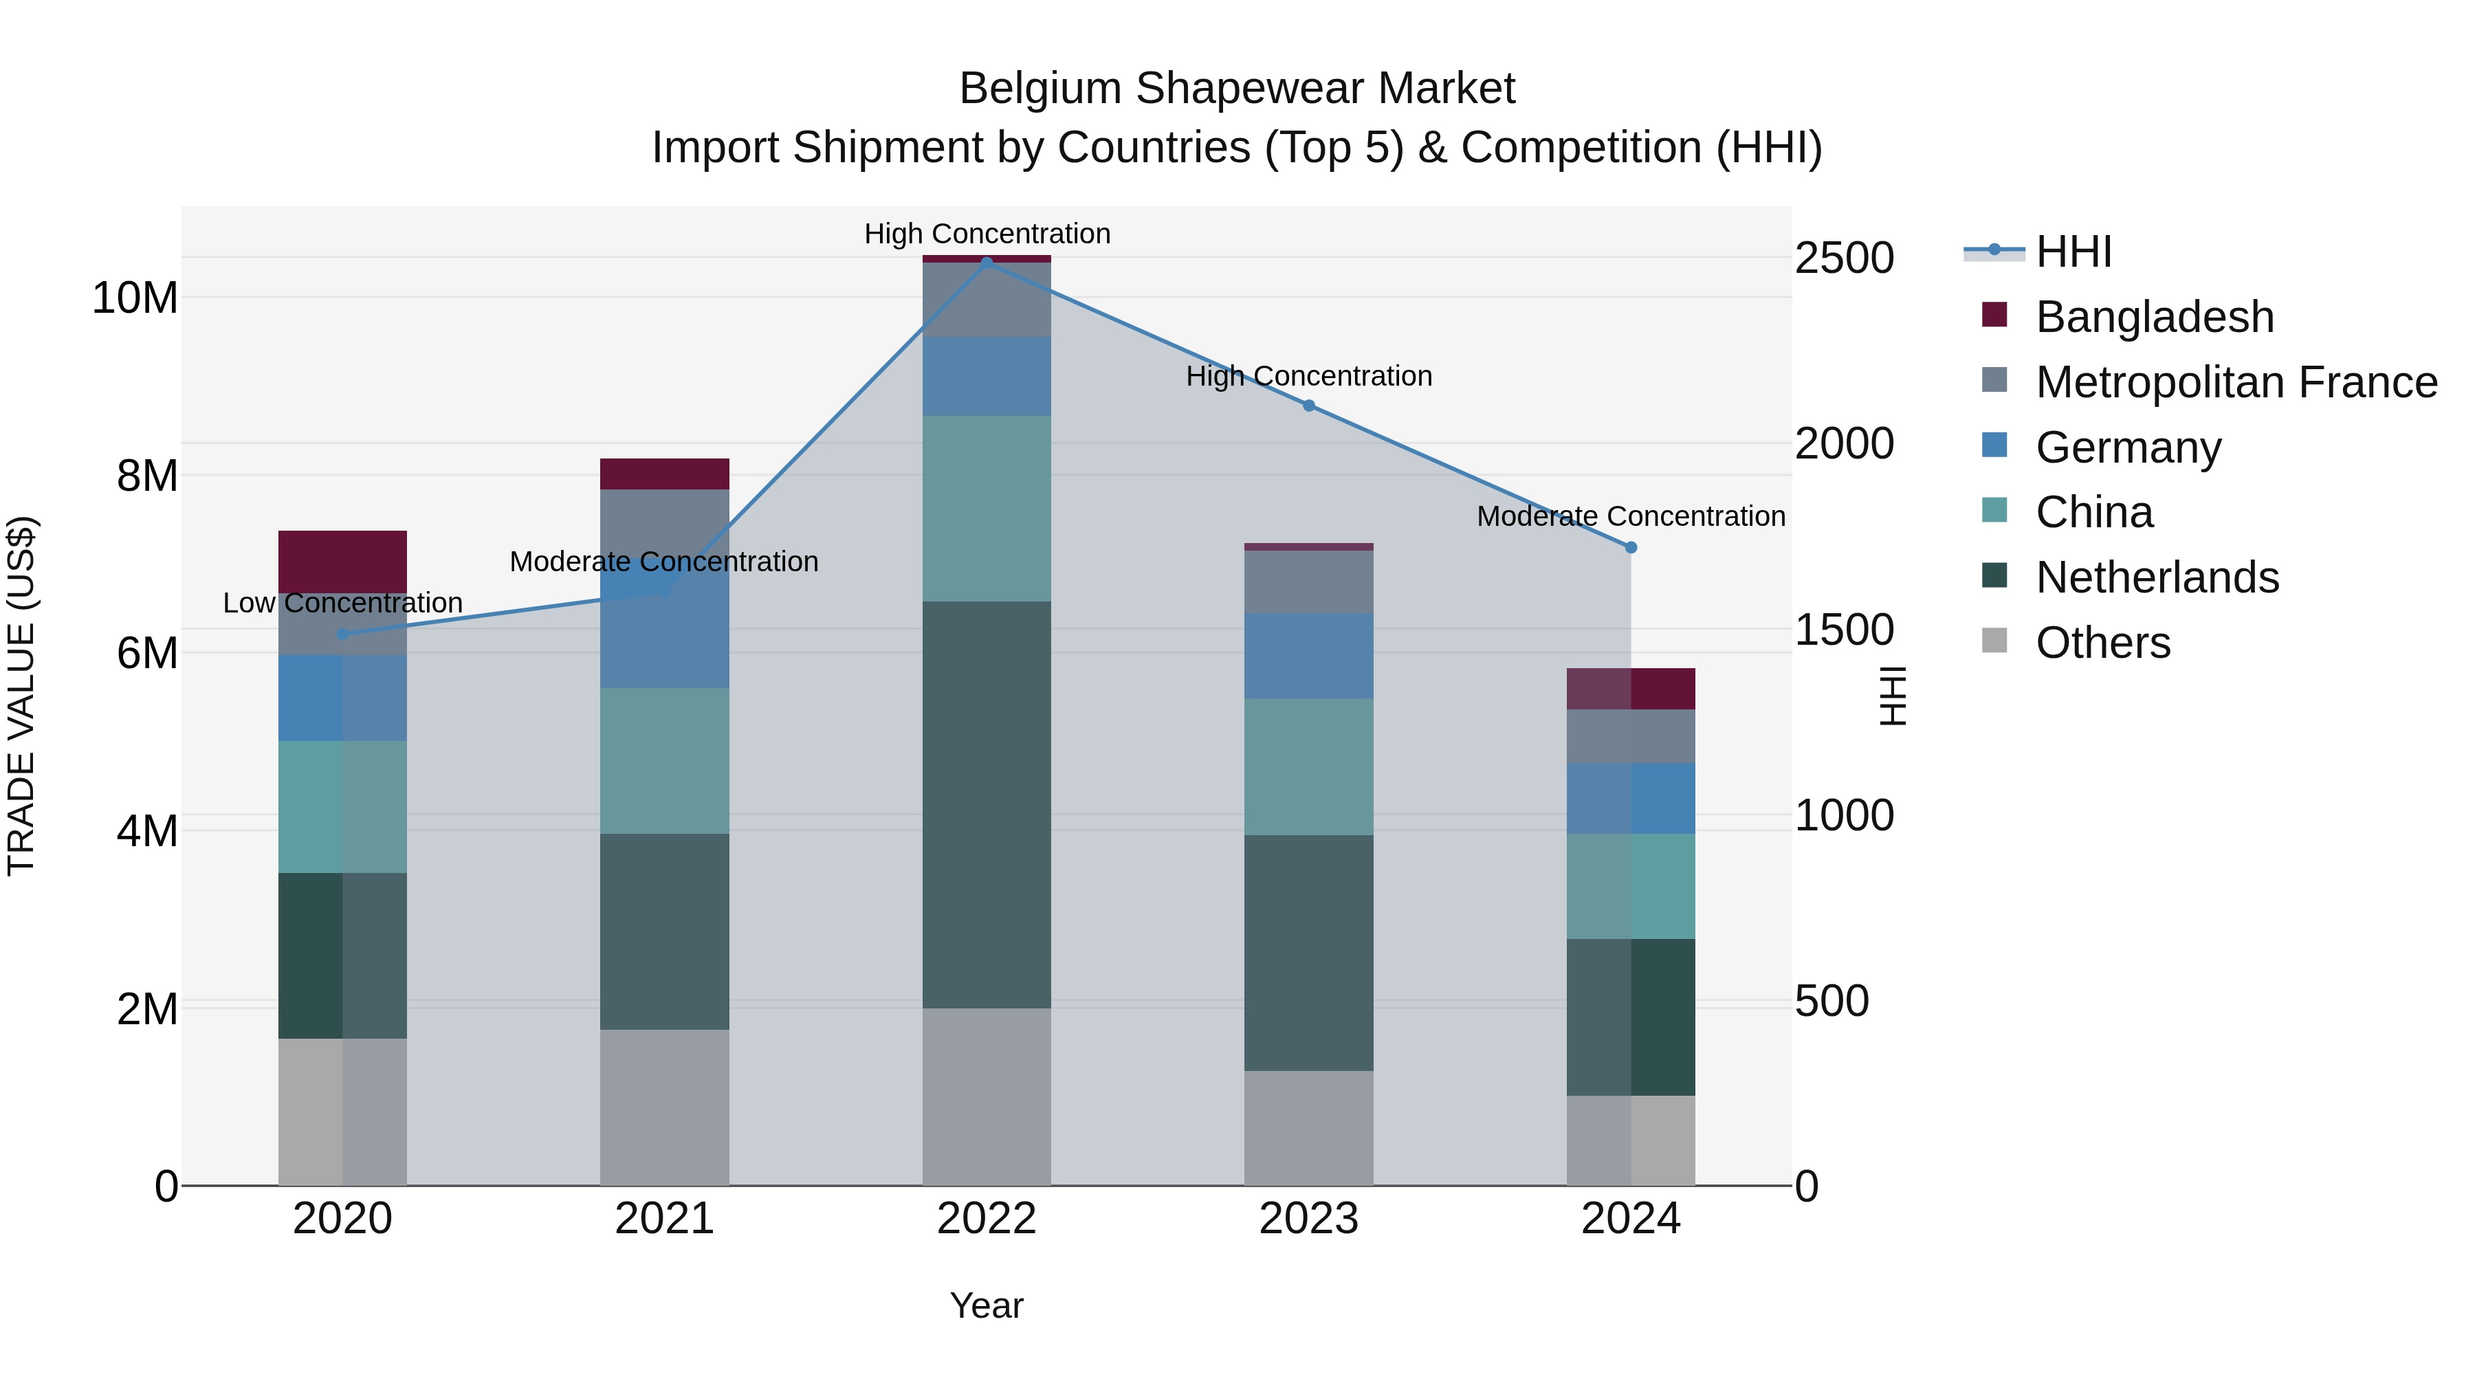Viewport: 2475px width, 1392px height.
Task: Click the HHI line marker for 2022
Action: click(987, 263)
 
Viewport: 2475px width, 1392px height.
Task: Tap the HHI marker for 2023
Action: click(1308, 406)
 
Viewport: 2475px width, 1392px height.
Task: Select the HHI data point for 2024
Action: click(1631, 548)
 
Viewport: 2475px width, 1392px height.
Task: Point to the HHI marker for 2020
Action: click(343, 634)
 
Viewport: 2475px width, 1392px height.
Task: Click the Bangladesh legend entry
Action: click(2154, 317)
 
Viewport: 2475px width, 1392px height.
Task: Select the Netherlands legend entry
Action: click(2157, 577)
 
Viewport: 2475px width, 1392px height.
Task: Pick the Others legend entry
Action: click(2102, 643)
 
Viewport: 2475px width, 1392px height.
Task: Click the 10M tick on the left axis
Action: click(135, 298)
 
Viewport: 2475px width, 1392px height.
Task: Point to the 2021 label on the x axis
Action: click(664, 1219)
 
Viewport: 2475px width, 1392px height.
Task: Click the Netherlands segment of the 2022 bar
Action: click(987, 804)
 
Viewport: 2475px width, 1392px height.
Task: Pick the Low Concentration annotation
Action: click(343, 604)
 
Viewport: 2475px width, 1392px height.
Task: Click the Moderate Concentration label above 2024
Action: click(1631, 517)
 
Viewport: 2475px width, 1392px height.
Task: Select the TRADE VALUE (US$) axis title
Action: click(21, 696)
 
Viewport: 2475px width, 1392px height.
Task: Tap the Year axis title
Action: click(987, 1305)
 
